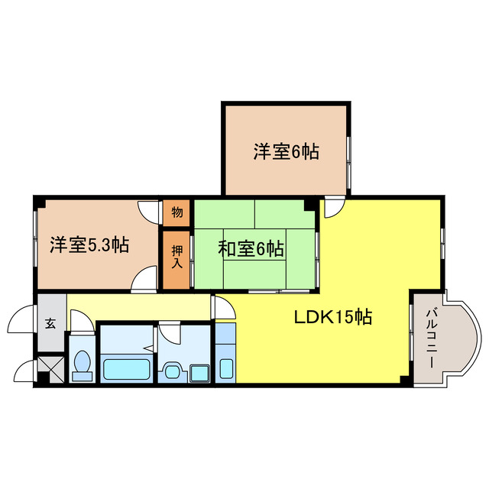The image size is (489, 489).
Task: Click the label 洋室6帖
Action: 286,151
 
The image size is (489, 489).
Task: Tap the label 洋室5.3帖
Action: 89,245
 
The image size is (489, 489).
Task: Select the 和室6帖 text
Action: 251,248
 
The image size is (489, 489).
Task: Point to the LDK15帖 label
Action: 333,316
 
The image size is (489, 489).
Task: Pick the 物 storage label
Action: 176,212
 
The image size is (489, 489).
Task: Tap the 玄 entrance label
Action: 50,323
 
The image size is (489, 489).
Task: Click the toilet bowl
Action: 81,365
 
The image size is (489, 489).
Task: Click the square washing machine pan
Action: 200,372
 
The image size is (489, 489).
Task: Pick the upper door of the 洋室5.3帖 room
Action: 149,211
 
